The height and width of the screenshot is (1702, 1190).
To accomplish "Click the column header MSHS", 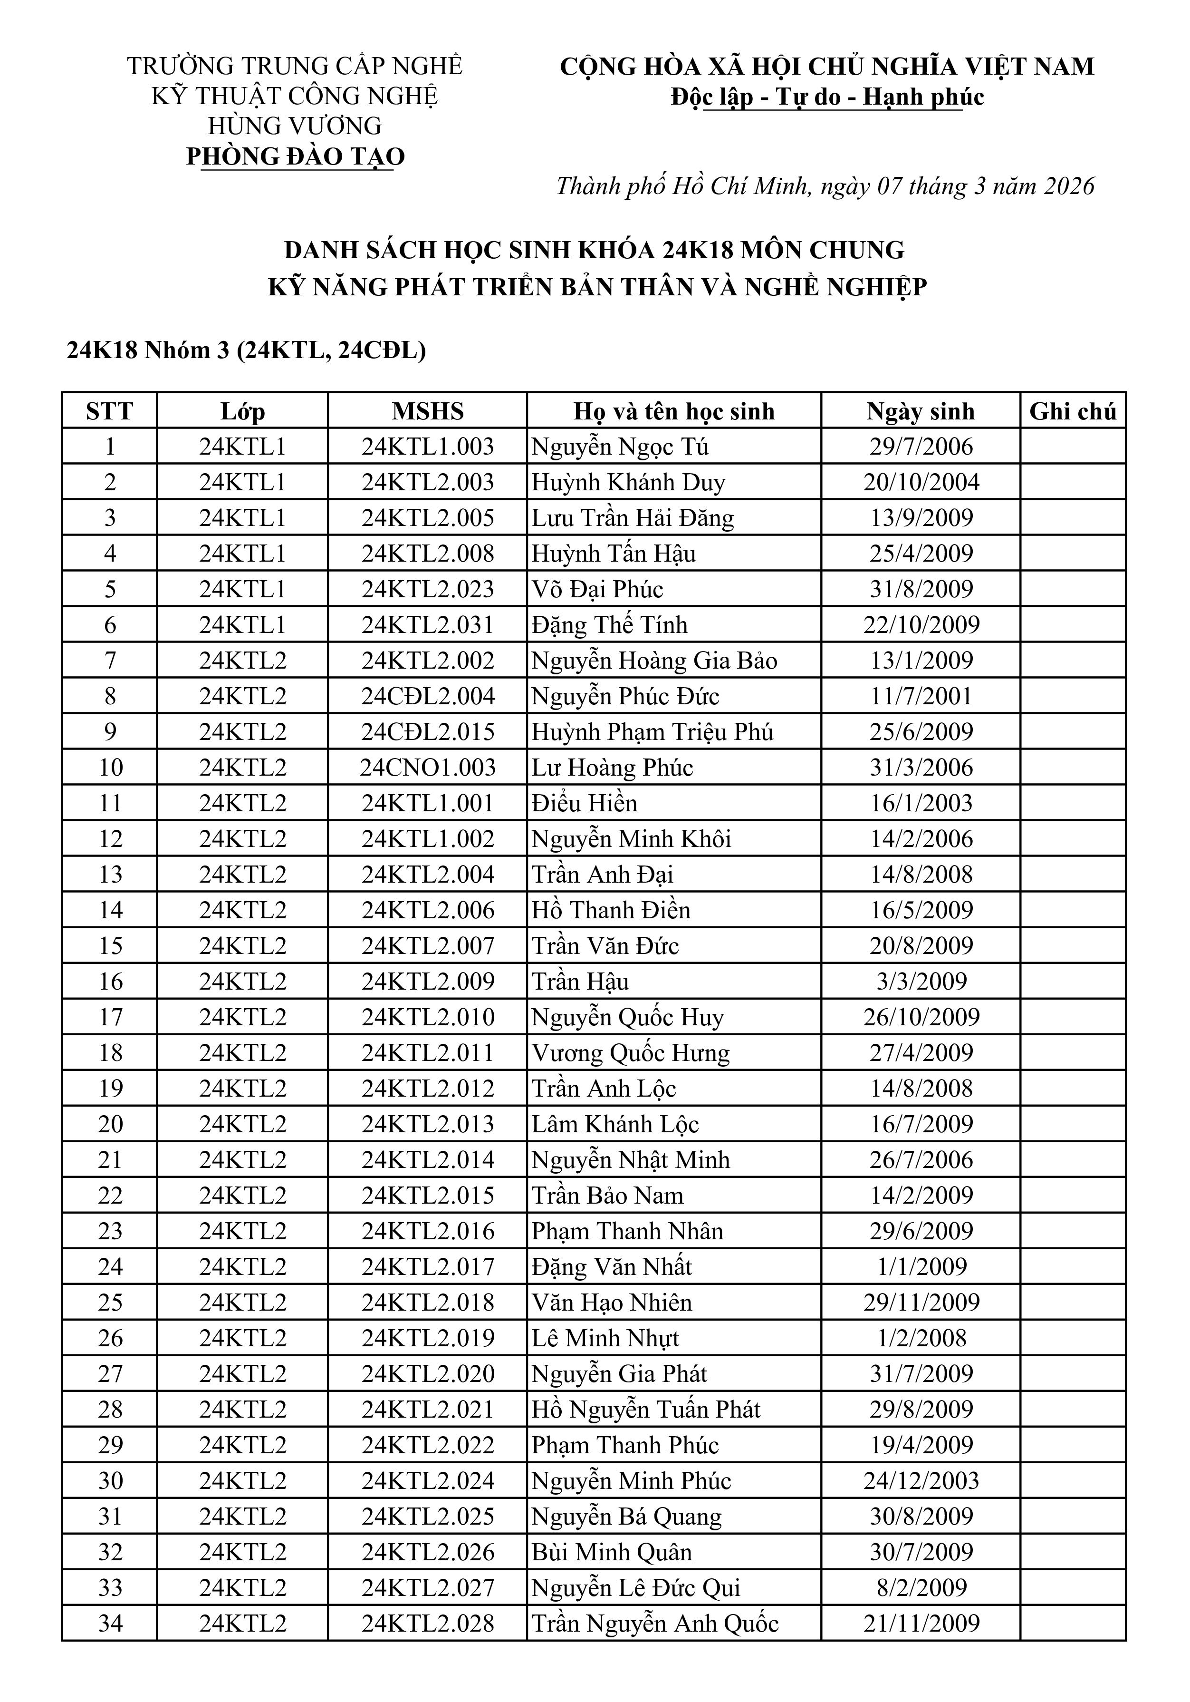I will (428, 411).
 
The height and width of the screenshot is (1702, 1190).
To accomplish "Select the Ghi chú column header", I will (1072, 411).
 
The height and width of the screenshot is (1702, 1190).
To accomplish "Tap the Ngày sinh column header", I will (920, 411).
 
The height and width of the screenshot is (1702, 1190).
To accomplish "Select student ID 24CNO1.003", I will (428, 767).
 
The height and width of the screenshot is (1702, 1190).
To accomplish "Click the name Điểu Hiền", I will (584, 803).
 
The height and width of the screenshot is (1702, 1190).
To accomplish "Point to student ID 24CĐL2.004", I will (428, 696).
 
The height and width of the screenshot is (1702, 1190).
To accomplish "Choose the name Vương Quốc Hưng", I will (631, 1052).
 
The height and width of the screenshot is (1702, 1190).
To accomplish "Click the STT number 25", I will (110, 1303).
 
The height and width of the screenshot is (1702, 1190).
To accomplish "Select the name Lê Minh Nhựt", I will (605, 1338).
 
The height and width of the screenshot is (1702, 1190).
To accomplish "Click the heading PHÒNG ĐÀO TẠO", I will (296, 156).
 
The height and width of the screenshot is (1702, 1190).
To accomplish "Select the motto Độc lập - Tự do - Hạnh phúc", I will (827, 97).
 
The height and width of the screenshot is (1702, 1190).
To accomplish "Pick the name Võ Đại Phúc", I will (597, 589).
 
